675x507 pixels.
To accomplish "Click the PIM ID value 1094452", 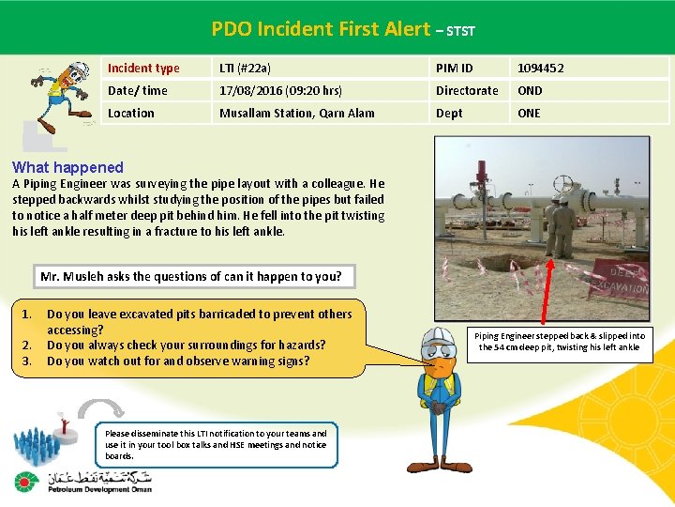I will click(541, 68).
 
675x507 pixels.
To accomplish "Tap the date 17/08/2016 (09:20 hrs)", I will click(280, 90).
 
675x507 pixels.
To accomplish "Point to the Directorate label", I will click(467, 90).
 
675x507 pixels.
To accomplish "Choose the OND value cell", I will click(530, 90).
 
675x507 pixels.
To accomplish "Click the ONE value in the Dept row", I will click(529, 113).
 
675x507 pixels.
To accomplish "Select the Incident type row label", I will click(143, 68).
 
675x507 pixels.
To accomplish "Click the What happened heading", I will click(67, 167).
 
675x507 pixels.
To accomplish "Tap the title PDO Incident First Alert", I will click(321, 29).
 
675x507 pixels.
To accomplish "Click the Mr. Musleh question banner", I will click(191, 276).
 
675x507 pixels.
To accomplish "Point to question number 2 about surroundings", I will click(186, 345).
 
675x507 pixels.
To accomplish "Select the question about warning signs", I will click(177, 361).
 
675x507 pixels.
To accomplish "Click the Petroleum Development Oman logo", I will click(84, 484).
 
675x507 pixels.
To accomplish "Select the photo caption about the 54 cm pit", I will click(559, 341).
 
